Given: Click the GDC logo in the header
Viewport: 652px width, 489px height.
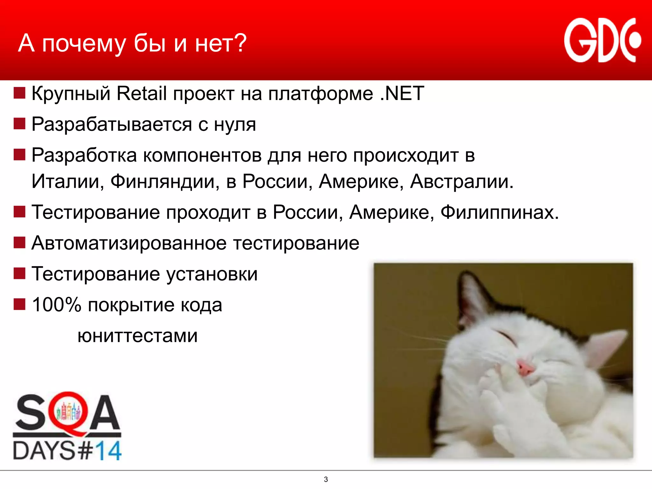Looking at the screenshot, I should coord(602,40).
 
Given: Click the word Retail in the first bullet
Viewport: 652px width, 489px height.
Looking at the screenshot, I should coord(142,94).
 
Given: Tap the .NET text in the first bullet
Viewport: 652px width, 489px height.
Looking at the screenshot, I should coord(402,94).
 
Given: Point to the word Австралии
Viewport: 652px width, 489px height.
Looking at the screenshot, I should coord(462,181).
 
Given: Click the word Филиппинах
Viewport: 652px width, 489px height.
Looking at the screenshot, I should coord(499,212).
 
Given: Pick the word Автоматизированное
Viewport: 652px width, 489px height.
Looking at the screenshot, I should coord(129,243).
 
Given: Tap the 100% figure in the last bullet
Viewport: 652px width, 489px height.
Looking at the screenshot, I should coord(57,305).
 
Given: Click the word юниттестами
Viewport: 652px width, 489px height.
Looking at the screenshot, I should coord(138,336).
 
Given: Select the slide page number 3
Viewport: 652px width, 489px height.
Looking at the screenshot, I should coord(326,479).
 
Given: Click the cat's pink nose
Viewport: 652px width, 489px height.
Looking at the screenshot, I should coord(525,368).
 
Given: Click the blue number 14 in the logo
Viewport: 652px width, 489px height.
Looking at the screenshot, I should coord(108,451).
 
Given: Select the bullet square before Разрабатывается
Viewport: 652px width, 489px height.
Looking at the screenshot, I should coord(19,124).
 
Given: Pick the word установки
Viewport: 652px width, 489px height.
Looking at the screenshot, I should coord(212,274).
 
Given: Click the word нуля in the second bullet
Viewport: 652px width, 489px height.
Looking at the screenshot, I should coord(235,125).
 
